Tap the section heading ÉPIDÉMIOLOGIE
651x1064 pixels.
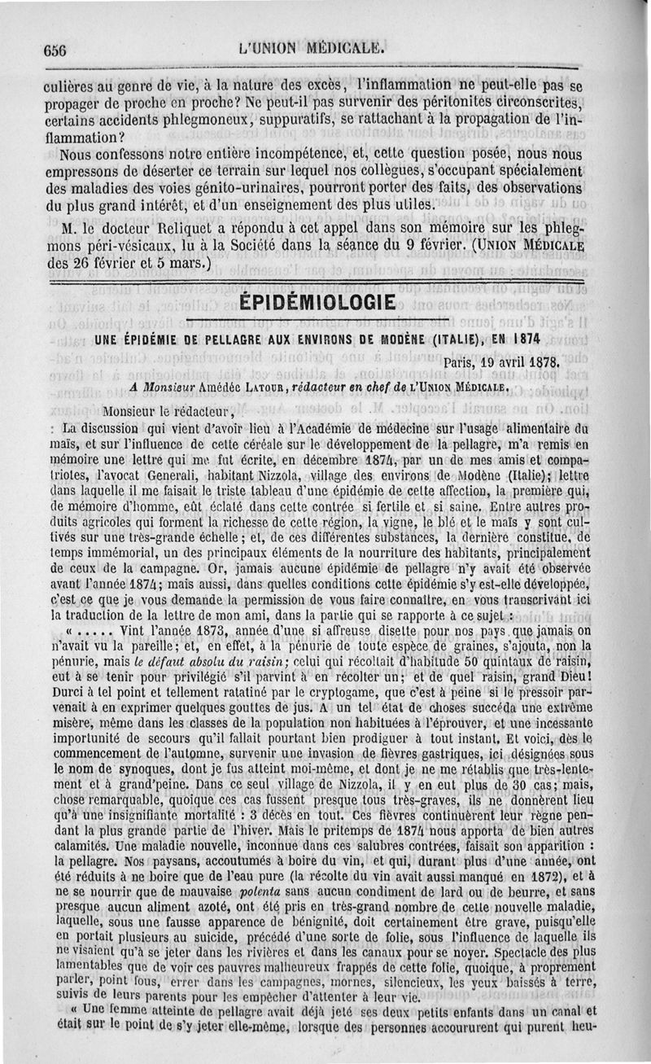click(x=317, y=303)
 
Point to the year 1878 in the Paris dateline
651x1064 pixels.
click(x=540, y=362)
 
